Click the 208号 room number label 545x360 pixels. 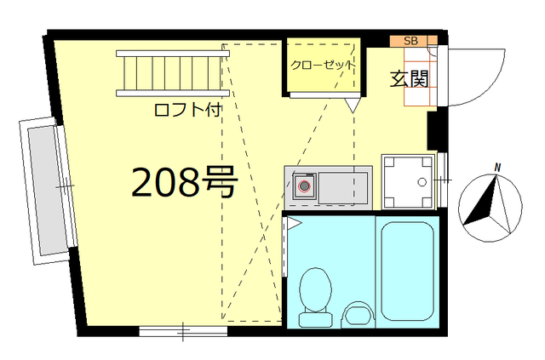click(182, 181)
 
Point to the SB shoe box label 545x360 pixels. click(410, 41)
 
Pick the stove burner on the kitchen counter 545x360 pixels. click(305, 186)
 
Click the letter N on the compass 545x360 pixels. click(498, 167)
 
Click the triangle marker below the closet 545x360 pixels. click(353, 106)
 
